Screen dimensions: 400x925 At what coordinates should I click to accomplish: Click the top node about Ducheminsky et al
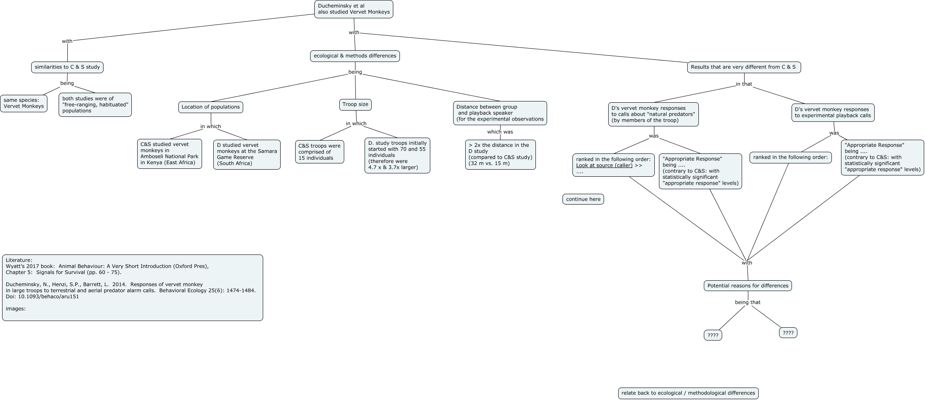(353, 9)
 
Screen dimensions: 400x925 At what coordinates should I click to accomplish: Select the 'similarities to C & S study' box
(67, 67)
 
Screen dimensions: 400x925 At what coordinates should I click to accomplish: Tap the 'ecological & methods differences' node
(355, 56)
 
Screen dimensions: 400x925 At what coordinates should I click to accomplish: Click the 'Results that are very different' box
(744, 67)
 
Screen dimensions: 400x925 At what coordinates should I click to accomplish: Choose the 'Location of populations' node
(211, 107)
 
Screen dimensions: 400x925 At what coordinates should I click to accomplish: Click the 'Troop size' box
(355, 105)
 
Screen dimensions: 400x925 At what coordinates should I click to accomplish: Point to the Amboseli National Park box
(170, 154)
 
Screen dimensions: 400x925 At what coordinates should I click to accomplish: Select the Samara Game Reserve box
(247, 155)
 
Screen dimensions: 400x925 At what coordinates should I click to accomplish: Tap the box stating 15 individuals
(319, 152)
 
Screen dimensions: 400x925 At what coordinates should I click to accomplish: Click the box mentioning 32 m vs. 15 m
(500, 155)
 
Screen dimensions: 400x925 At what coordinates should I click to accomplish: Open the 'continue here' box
(583, 200)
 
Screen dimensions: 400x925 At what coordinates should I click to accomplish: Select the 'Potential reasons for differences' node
(747, 286)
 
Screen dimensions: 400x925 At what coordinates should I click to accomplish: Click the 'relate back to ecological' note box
(688, 393)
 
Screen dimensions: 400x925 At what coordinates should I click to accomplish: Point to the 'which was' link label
(500, 132)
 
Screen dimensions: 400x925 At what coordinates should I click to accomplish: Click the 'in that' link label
(744, 84)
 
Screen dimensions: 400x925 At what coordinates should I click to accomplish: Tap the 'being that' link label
(747, 303)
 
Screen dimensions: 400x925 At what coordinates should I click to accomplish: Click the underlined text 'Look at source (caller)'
(604, 166)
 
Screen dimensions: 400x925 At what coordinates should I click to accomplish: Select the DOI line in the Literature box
(42, 297)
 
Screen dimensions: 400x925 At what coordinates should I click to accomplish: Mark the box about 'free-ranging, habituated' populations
(95, 105)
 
